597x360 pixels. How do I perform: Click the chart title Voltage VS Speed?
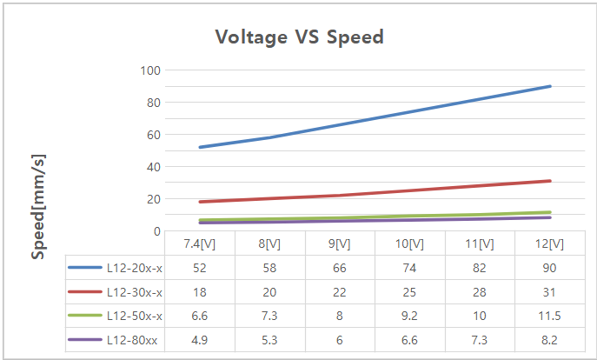coord(299,37)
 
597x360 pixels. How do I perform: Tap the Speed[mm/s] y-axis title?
coord(38,206)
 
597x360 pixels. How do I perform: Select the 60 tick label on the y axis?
coord(152,134)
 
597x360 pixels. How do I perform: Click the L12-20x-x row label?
coord(135,267)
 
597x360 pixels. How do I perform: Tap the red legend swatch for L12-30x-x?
coord(85,291)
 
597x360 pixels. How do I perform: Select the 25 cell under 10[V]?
coord(410,291)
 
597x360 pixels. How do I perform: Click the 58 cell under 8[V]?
coord(270,267)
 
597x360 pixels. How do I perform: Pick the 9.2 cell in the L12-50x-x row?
coord(410,316)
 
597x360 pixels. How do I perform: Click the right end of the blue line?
coord(550,86)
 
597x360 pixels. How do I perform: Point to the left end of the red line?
coord(200,202)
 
